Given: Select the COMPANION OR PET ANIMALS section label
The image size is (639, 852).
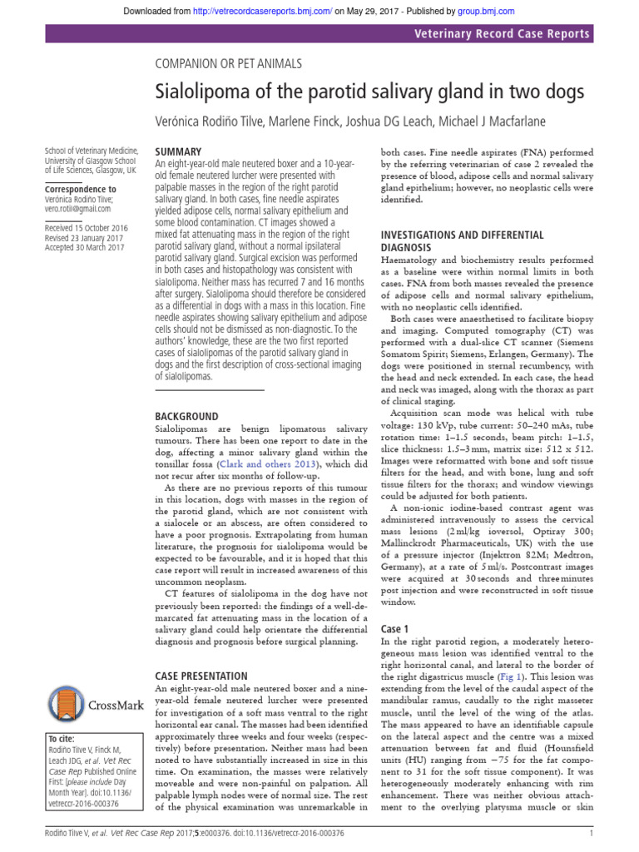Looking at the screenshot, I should (x=229, y=63).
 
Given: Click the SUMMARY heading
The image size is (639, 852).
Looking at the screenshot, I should (x=178, y=152).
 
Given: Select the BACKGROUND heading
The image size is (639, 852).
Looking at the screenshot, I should (x=187, y=416).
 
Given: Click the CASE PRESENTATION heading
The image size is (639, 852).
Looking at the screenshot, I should (x=201, y=676).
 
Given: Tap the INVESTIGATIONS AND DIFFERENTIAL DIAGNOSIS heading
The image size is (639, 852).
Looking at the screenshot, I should (x=462, y=241).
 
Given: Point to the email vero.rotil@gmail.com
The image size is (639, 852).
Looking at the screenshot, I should (x=82, y=211).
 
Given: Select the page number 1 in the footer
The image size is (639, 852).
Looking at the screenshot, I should (x=590, y=833).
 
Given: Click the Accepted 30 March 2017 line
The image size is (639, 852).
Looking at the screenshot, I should (x=84, y=247).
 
